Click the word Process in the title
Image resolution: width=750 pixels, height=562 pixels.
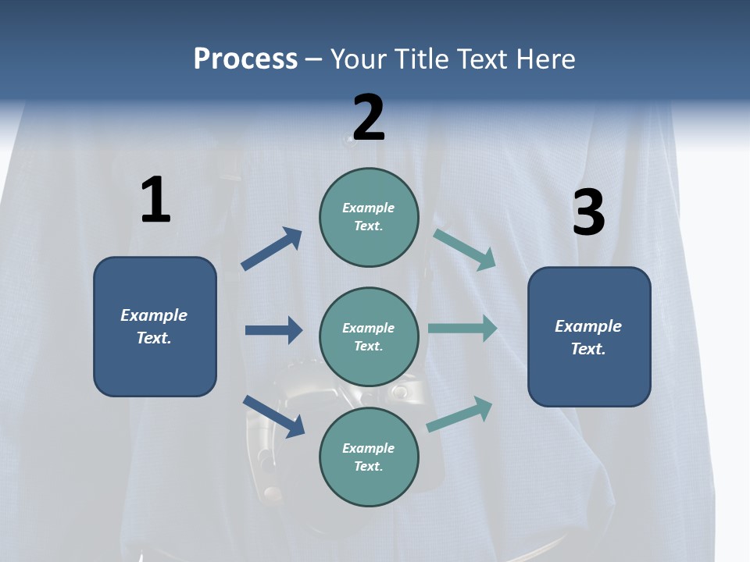(x=245, y=59)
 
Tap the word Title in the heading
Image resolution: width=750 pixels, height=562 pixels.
(x=421, y=59)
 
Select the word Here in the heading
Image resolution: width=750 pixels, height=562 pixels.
(x=546, y=59)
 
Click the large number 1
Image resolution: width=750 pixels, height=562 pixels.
(x=155, y=201)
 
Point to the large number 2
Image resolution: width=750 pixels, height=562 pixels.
(x=369, y=117)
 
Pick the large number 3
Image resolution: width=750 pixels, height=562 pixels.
(x=589, y=212)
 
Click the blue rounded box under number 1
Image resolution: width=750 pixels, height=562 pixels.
(x=155, y=326)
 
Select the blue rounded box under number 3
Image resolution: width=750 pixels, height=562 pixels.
(x=589, y=336)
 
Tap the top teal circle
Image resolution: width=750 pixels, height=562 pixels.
(x=369, y=217)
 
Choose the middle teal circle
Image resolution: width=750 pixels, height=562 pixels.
(x=369, y=336)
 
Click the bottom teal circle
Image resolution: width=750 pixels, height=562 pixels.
(x=369, y=457)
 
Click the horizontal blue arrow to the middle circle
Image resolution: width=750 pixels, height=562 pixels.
(x=273, y=330)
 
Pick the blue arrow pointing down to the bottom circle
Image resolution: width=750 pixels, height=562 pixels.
(x=273, y=416)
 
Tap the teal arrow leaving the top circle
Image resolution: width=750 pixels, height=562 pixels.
(x=464, y=250)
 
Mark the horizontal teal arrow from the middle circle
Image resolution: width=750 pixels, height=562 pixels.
(x=462, y=329)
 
